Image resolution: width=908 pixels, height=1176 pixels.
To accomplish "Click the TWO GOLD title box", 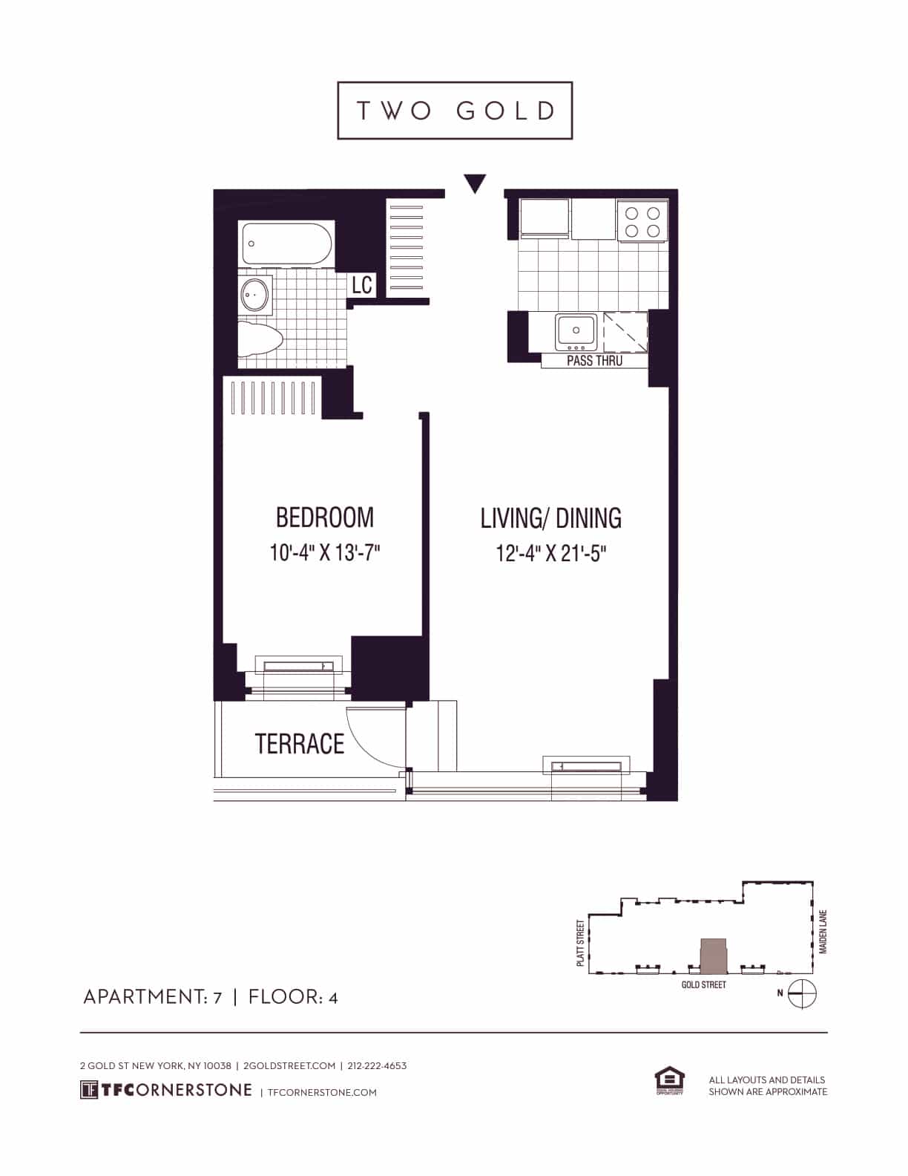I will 455,111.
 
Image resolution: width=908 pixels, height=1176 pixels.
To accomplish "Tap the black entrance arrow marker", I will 474,183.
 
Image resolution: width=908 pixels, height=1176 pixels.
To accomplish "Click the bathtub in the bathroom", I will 286,244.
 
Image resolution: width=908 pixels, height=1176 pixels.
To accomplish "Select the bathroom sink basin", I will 254,295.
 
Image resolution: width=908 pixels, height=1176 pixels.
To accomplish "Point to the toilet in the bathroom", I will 260,339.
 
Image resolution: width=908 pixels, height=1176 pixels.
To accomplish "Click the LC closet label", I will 361,284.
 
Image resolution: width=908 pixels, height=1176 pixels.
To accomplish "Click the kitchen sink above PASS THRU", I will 576,331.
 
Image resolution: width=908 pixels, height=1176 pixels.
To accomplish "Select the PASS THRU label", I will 594,361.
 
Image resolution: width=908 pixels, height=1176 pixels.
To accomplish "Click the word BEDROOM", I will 324,517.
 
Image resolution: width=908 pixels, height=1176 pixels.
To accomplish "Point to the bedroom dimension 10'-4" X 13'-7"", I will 324,553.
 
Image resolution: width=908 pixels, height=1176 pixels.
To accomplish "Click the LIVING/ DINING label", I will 550,518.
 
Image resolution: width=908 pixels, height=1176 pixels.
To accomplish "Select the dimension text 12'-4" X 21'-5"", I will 550,554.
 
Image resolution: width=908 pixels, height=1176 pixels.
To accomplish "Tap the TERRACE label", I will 300,744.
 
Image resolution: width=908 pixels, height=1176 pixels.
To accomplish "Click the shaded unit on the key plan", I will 714,955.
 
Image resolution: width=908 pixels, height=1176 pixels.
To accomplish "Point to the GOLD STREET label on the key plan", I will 703,984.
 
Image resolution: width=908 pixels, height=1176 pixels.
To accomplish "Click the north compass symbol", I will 801,993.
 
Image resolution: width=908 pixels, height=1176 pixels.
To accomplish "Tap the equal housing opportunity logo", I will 668,1081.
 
